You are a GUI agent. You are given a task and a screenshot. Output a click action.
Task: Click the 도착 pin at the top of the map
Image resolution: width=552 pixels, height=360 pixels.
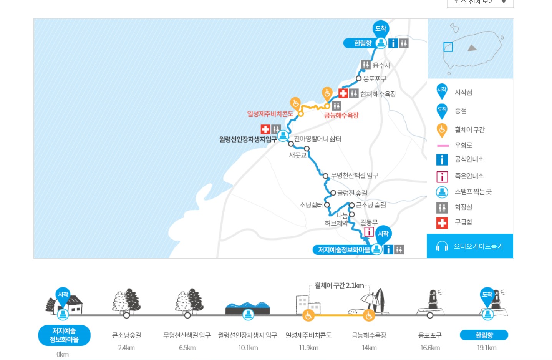[381, 28]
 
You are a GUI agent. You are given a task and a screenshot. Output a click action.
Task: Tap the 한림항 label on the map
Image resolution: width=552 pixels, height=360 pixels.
[363, 43]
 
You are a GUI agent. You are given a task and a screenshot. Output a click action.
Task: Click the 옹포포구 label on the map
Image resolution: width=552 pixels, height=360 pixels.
[375, 79]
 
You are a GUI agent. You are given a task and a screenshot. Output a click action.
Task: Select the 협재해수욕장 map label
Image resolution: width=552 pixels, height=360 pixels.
[378, 94]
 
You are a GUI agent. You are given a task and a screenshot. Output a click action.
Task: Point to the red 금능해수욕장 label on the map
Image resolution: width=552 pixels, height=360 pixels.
[341, 115]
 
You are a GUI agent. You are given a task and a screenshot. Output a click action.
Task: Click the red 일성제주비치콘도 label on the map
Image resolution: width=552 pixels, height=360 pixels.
[270, 114]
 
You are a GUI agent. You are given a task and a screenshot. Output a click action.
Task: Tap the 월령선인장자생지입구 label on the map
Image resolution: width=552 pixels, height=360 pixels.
[248, 139]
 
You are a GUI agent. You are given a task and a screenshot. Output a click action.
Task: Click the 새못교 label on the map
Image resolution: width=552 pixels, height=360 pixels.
[298, 155]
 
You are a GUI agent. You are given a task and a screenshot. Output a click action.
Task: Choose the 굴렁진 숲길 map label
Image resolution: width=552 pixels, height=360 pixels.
[352, 193]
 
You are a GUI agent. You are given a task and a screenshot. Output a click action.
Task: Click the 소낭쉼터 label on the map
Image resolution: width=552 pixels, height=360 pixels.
[311, 205]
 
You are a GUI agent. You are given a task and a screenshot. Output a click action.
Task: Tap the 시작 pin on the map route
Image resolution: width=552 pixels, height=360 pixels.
[383, 234]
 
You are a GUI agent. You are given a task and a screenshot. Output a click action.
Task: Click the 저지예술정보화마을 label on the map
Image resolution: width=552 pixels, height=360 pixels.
[344, 250]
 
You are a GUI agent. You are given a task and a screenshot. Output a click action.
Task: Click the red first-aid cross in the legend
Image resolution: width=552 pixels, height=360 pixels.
[442, 223]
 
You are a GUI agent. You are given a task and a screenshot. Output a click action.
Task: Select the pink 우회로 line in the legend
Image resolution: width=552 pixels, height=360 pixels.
[443, 146]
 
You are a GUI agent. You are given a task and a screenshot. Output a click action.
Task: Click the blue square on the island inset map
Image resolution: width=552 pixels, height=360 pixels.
[448, 47]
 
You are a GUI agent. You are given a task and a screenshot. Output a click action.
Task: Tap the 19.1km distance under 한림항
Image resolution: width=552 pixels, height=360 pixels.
[487, 348]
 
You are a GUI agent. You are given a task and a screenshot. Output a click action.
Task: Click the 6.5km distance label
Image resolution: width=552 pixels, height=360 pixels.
[187, 348]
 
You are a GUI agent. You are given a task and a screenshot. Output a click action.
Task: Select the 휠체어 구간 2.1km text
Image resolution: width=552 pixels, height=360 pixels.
[339, 285]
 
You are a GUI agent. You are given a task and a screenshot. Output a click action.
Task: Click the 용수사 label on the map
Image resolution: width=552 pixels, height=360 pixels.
[381, 65]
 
